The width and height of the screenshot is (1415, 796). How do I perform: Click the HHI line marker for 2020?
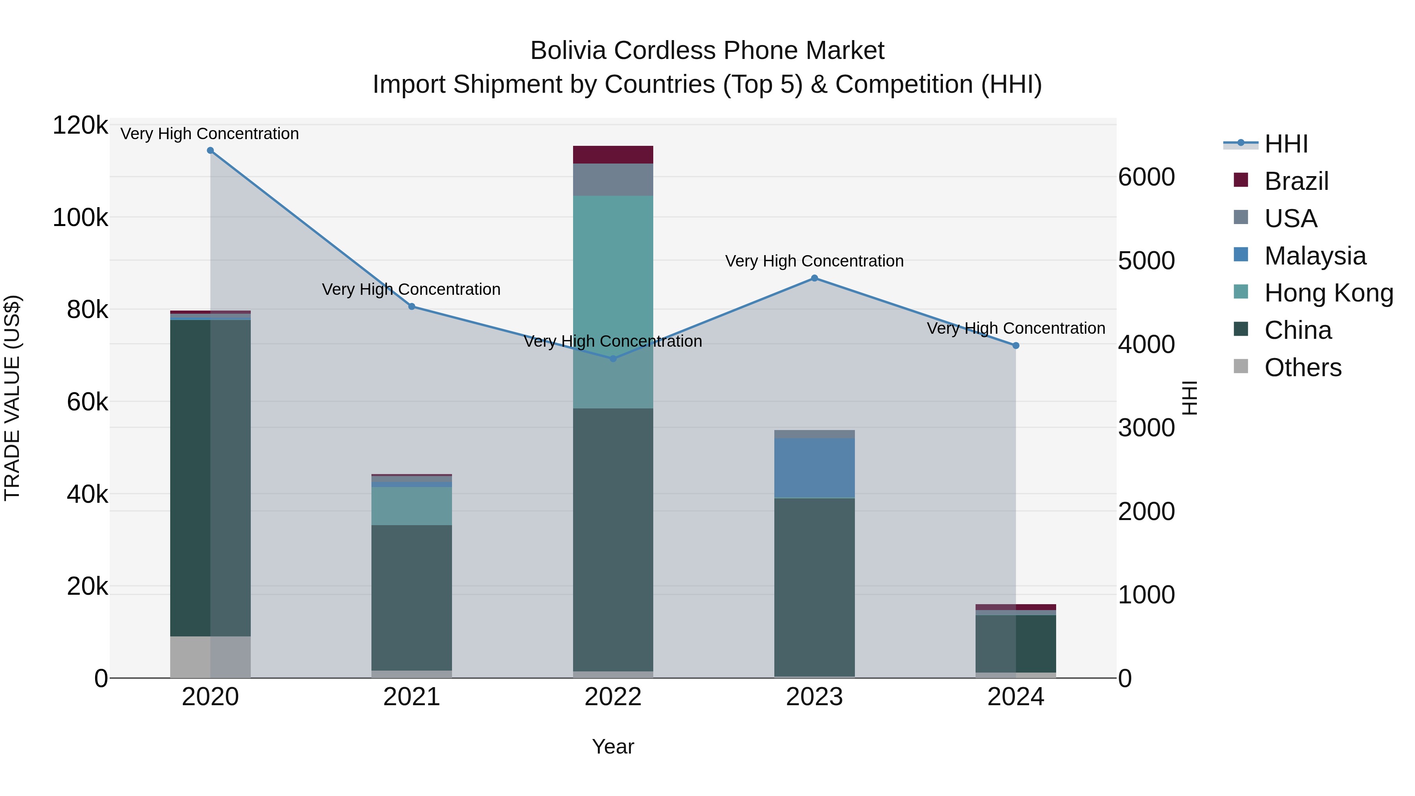pos(210,151)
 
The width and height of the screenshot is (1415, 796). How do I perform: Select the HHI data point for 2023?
pos(815,279)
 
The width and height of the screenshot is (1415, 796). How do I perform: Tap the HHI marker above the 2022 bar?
pos(614,359)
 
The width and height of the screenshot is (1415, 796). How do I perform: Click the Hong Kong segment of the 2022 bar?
pos(613,275)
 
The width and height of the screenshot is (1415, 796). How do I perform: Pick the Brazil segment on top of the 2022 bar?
pos(613,155)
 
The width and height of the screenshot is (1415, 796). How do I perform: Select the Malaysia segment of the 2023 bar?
pos(815,467)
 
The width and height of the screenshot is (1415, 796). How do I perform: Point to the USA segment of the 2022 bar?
pos(613,180)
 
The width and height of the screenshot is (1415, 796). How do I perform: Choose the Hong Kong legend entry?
pos(1328,293)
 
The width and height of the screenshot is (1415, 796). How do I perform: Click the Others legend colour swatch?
pos(1241,366)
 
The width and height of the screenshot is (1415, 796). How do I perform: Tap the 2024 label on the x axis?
pos(1016,697)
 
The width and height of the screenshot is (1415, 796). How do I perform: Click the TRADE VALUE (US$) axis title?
pos(13,398)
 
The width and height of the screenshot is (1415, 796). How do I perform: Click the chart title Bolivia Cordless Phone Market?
pos(707,51)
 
